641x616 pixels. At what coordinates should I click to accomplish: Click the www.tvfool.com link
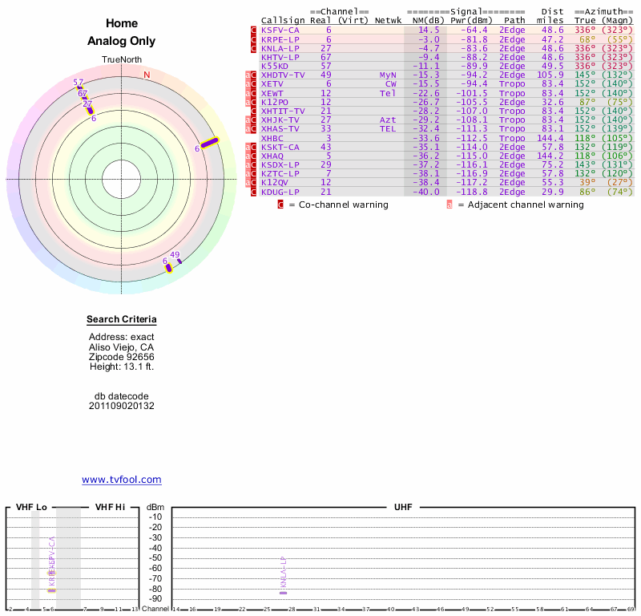(x=122, y=480)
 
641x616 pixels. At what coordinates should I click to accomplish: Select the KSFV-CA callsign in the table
(x=280, y=30)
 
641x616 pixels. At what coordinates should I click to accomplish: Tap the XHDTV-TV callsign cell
(x=283, y=75)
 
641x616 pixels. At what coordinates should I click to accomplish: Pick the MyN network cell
(x=388, y=75)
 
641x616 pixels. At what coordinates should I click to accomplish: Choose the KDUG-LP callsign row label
(x=280, y=192)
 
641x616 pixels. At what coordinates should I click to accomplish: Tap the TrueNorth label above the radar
(x=122, y=60)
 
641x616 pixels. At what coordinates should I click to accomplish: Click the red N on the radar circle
(x=147, y=75)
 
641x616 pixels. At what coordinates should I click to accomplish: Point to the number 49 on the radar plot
(x=175, y=254)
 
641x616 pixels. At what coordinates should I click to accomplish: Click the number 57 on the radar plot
(x=78, y=83)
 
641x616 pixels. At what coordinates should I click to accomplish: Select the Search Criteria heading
(x=122, y=320)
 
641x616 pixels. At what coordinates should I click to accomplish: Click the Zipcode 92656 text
(x=122, y=357)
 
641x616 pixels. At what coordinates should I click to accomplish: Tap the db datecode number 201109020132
(x=122, y=406)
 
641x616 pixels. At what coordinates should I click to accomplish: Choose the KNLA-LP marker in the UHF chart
(x=283, y=592)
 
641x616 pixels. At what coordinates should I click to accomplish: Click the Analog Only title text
(x=122, y=41)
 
